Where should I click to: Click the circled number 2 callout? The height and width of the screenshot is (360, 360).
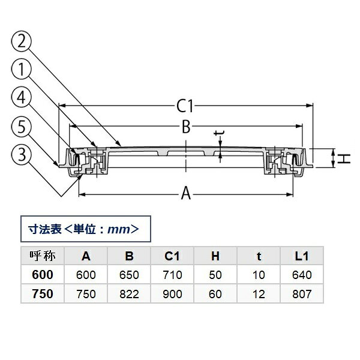pyautogui.click(x=22, y=41)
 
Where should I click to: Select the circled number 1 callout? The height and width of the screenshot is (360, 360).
pyautogui.click(x=22, y=70)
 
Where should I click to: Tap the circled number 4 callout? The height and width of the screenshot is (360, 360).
pyautogui.click(x=22, y=98)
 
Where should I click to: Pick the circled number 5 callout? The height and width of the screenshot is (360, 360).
pyautogui.click(x=22, y=126)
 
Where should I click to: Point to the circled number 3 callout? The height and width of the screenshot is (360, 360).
pyautogui.click(x=22, y=154)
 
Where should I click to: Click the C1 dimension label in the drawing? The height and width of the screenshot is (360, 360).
pyautogui.click(x=185, y=106)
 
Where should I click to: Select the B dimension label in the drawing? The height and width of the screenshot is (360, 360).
pyautogui.click(x=186, y=127)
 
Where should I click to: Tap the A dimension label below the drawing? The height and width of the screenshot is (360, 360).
pyautogui.click(x=186, y=193)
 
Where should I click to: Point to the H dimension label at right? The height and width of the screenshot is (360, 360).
pyautogui.click(x=344, y=158)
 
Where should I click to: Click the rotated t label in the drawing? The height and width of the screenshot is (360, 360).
pyautogui.click(x=219, y=133)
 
